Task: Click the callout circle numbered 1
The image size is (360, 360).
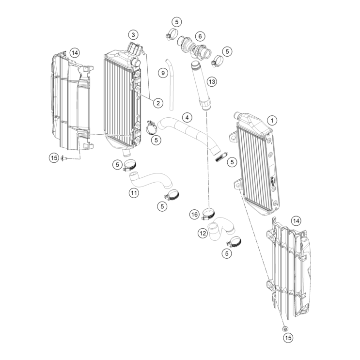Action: tap(272, 120)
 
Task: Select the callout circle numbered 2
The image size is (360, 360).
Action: tap(158, 103)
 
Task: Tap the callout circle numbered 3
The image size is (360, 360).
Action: tap(133, 35)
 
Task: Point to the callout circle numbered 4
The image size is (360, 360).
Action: tap(187, 118)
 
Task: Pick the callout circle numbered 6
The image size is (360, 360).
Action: tap(200, 36)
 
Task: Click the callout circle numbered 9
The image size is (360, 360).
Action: tap(163, 73)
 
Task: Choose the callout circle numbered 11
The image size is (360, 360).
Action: tap(134, 193)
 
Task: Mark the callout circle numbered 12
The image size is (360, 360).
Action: tap(203, 234)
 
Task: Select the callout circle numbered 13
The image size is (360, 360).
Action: tap(212, 81)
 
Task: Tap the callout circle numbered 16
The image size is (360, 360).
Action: tap(194, 215)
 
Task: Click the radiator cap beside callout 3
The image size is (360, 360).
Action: tap(135, 48)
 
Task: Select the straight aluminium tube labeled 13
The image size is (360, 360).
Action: tap(200, 86)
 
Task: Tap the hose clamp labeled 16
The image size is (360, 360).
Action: tap(208, 214)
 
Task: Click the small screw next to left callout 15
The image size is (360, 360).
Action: tap(64, 158)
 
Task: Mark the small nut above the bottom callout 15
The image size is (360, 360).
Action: tap(285, 329)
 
